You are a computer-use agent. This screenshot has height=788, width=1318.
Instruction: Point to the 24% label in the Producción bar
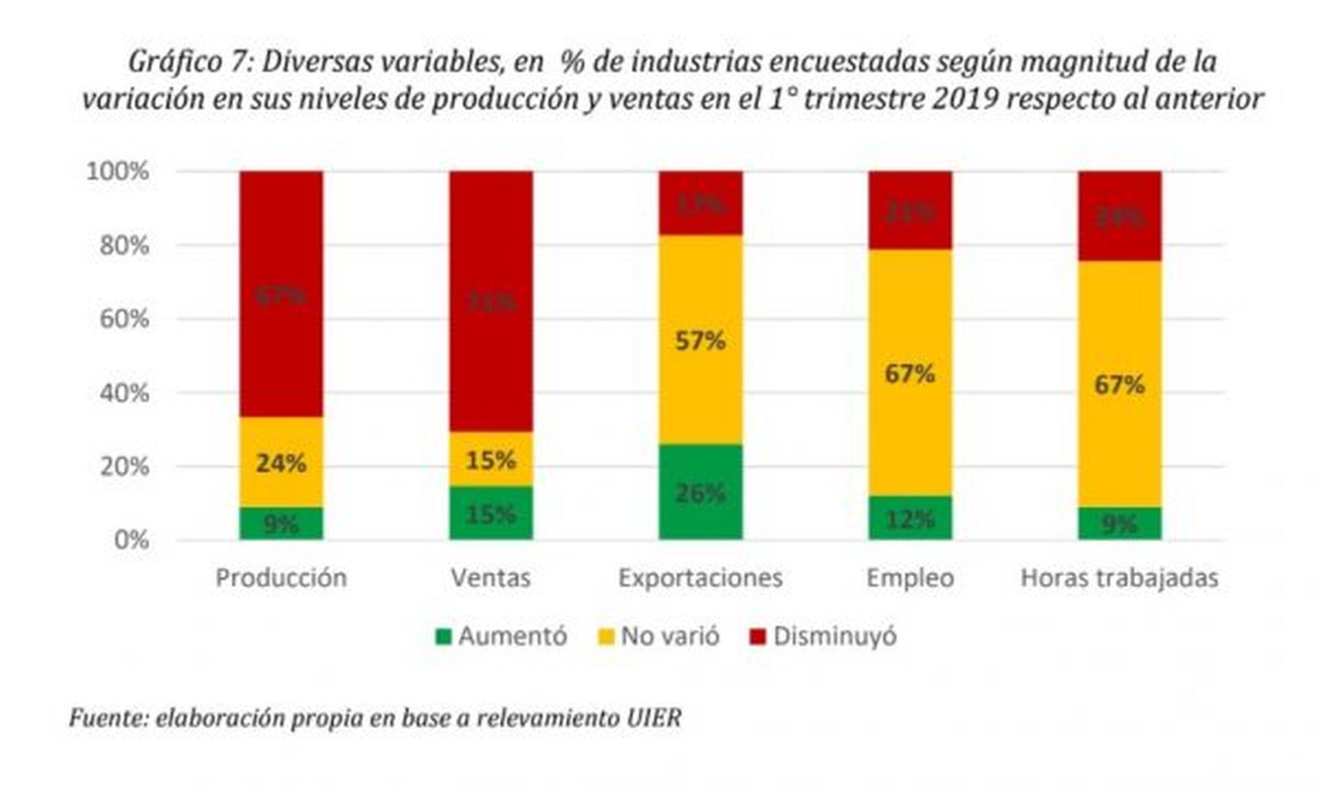[x=281, y=464]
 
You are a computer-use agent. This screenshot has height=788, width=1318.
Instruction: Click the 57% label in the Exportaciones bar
[x=700, y=340]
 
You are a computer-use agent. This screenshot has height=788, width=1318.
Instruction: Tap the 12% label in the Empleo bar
[x=910, y=520]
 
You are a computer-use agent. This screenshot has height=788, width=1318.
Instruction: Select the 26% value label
[x=700, y=492]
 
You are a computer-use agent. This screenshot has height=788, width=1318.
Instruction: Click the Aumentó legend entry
[x=502, y=636]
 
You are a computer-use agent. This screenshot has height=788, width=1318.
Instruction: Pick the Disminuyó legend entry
[x=823, y=636]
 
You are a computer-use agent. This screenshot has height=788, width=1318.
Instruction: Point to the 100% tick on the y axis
[x=117, y=171]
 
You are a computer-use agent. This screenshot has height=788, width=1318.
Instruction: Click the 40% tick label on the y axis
[x=124, y=393]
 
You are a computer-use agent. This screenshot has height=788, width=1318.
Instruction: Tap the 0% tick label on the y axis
[x=131, y=540]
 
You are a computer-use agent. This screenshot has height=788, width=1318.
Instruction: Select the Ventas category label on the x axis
[x=491, y=577]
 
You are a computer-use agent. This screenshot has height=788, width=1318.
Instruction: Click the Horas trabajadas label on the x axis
[x=1119, y=577]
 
